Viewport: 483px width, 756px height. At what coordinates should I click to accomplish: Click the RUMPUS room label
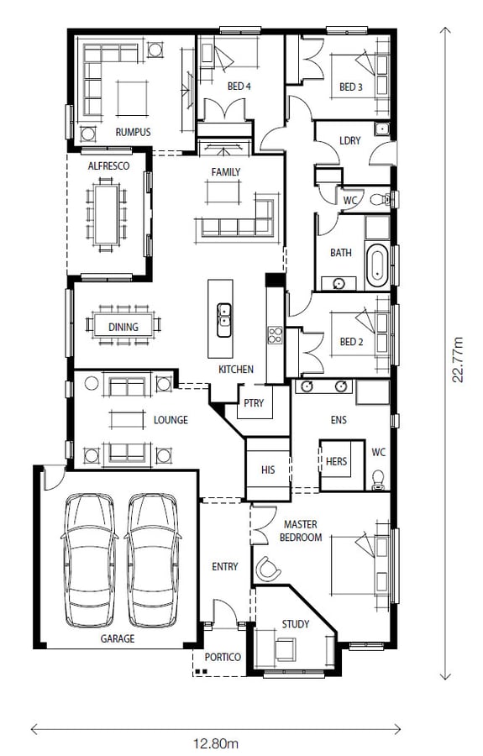click(133, 132)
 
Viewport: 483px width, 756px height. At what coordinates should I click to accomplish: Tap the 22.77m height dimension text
click(457, 360)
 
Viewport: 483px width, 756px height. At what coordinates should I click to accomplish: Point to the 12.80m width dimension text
click(216, 743)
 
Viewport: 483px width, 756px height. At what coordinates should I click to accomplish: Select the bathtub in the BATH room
click(377, 265)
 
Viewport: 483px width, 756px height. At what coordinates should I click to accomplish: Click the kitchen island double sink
click(223, 320)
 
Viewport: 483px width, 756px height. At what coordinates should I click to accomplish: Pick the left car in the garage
click(90, 559)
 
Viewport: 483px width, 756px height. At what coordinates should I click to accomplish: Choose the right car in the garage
click(153, 559)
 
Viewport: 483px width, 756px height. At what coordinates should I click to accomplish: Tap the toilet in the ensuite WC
click(378, 480)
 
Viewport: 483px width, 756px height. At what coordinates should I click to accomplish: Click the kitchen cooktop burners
click(276, 334)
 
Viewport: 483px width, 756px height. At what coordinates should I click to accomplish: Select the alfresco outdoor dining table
click(107, 214)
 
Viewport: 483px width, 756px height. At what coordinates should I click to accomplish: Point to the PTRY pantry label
click(254, 402)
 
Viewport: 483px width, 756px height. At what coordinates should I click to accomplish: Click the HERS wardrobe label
click(336, 461)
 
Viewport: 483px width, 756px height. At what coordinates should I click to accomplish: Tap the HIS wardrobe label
click(268, 469)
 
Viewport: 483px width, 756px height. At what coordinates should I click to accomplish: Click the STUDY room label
click(295, 624)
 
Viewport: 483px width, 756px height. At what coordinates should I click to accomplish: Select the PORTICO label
click(223, 657)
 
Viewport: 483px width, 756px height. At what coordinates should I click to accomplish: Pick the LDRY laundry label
click(350, 140)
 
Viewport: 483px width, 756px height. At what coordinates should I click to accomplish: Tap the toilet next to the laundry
click(382, 198)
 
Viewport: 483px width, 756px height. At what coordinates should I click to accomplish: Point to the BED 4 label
click(239, 87)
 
